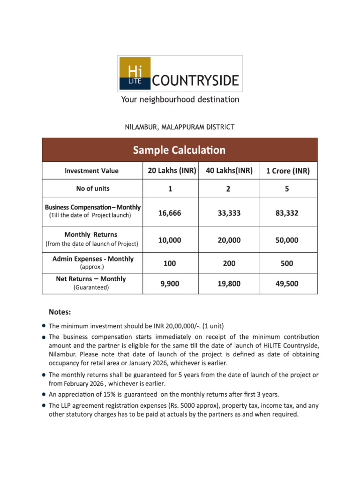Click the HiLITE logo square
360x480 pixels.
coord(134,74)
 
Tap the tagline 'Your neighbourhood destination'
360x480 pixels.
coord(180,100)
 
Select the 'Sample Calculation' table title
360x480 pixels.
coord(179,150)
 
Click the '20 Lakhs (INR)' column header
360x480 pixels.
coord(172,171)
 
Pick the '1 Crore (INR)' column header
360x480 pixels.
coord(287,171)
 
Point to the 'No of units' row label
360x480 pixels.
coord(93,188)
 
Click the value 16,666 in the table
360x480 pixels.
coord(170,213)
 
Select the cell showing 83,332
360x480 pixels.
coord(287,213)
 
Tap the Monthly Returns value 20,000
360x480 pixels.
coord(229,240)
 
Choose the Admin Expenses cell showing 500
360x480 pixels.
coord(287,263)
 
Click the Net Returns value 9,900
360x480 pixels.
coord(170,284)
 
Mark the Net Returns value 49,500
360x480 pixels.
coord(287,284)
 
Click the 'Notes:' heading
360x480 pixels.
coord(60,311)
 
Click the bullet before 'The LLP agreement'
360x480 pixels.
coord(44,405)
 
